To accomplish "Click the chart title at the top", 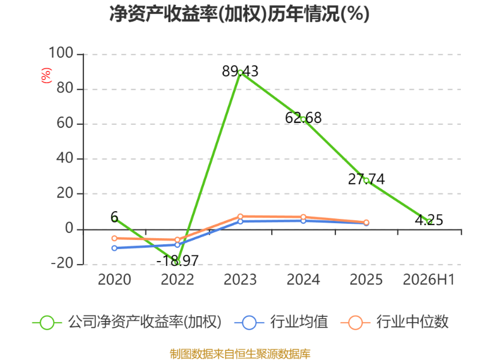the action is [x=239, y=14].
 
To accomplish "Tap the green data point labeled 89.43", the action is [x=241, y=73].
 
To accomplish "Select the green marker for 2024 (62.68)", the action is [x=303, y=119].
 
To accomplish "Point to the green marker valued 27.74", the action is [x=366, y=181].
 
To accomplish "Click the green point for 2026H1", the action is [x=429, y=221].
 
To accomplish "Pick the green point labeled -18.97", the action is [x=177, y=262].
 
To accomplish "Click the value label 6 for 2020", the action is [x=114, y=217].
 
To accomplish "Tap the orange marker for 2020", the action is [x=114, y=238].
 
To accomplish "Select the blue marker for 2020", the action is [x=114, y=248].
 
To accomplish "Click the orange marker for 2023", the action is [x=241, y=217].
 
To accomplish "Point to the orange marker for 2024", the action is [x=303, y=217].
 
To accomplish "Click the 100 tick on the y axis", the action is [x=61, y=53].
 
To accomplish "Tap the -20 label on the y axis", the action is [x=62, y=263].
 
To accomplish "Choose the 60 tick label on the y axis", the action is [x=65, y=123].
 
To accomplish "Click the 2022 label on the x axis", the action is [x=177, y=280].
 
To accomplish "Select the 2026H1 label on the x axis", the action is [x=428, y=280].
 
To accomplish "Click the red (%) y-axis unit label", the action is [x=46, y=76].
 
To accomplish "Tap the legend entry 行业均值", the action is [x=281, y=322].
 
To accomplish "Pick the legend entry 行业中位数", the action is [x=395, y=322].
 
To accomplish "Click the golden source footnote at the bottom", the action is [x=240, y=353].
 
